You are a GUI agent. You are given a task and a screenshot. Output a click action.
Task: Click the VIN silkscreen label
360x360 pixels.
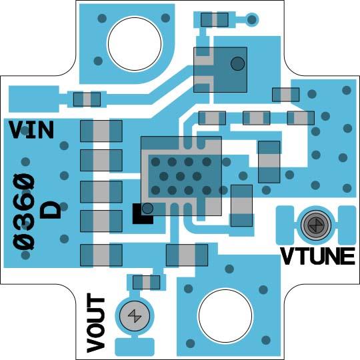coord(31,130)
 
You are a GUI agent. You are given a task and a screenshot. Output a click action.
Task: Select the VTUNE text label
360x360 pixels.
coord(318,256)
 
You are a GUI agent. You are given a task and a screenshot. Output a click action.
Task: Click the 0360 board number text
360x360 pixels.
coord(24,212)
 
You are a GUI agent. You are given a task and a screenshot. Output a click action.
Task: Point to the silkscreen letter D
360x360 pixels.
coord(51,210)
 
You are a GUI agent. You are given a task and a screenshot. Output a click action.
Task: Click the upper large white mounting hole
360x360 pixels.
coord(135,43)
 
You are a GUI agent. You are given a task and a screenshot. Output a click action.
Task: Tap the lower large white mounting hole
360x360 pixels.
coord(225,316)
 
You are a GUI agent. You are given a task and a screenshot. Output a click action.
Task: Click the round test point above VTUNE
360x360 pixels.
coord(316,225)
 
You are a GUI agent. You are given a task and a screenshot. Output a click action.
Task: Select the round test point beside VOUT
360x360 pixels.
coord(135,316)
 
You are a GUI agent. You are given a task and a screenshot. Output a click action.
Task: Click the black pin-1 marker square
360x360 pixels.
coord(143,214)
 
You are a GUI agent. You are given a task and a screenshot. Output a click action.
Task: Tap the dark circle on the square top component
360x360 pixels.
coord(237,63)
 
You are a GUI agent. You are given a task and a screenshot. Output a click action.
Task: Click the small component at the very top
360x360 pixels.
coord(215,20)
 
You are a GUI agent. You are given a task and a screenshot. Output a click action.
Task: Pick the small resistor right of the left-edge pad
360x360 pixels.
coord(87,99)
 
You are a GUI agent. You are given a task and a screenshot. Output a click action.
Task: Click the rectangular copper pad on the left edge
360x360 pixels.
coord(34,99)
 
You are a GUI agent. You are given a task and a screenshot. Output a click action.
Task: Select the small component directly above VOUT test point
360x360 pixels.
coord(146,283)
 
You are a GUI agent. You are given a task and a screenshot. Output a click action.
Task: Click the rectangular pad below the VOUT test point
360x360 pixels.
coord(135,347)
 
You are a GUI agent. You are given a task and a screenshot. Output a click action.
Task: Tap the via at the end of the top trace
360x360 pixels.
coord(252,20)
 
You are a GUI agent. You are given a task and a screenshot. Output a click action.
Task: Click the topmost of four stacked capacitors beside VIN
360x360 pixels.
coord(101,131)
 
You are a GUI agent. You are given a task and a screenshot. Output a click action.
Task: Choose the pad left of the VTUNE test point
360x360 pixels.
coord(285,225)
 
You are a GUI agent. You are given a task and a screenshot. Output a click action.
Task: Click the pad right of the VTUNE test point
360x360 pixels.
coord(347,225)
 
